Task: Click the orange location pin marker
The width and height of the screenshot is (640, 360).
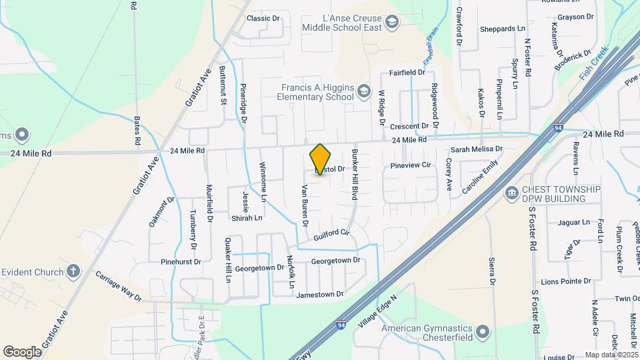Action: [320, 159]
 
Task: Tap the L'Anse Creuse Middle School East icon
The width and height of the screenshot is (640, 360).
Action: [392, 23]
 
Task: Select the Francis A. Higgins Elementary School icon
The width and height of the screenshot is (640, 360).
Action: [363, 91]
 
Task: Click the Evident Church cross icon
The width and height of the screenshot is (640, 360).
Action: [73, 272]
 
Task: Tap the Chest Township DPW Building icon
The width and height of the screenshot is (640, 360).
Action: [512, 194]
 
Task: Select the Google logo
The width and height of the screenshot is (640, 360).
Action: [22, 351]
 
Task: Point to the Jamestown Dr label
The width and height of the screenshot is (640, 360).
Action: [320, 294]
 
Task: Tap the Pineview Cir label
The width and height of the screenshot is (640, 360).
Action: [412, 164]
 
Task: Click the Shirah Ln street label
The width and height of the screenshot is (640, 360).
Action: [246, 217]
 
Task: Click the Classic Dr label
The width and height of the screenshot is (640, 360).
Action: [263, 18]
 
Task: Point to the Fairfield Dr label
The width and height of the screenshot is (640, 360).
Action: [407, 72]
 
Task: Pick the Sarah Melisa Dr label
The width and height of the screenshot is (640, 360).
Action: [476, 150]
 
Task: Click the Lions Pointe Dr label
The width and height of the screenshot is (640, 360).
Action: [566, 282]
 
